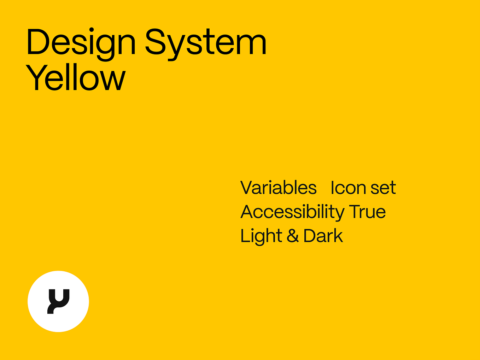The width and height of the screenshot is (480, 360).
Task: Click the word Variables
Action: click(x=279, y=188)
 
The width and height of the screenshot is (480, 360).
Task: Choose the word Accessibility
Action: click(x=292, y=212)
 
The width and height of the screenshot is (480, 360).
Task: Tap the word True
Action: click(x=367, y=212)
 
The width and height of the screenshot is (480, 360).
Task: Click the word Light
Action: click(x=261, y=236)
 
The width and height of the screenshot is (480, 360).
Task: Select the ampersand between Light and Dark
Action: click(x=293, y=236)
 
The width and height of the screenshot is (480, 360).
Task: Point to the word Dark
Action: click(x=323, y=236)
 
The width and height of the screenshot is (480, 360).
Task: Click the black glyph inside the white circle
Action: click(x=58, y=301)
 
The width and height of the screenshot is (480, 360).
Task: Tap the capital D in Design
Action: click(x=37, y=42)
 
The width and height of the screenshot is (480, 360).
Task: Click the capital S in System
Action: click(x=157, y=42)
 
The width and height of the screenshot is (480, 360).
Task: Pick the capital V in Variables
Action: click(x=247, y=188)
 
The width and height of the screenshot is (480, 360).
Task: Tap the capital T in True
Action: click(x=355, y=212)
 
